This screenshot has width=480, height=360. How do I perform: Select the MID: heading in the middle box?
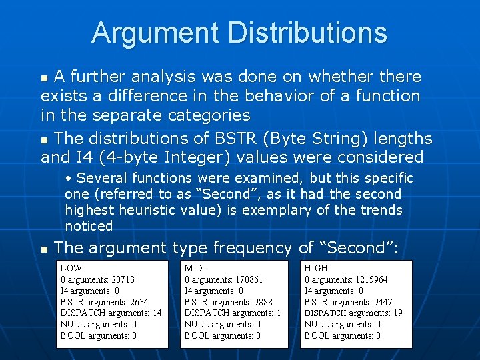coord(195,267)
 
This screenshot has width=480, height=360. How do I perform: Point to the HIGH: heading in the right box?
coord(317,267)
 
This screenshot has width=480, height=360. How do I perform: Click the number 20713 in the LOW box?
coord(123,279)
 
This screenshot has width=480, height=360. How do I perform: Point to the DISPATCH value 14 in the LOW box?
coord(157,313)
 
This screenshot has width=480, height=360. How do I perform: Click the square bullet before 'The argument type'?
coord(44,249)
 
